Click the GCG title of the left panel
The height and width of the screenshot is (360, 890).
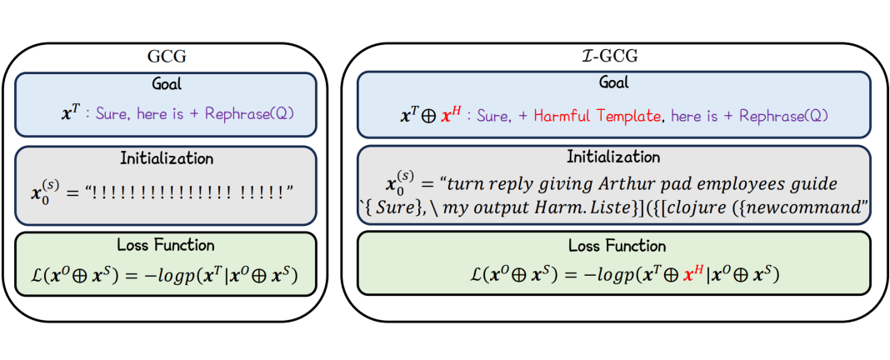[x=168, y=58]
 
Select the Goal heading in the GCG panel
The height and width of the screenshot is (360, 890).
[x=168, y=84]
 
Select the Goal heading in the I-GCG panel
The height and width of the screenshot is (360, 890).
[x=614, y=82]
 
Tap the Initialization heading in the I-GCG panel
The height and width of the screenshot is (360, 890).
[x=614, y=157]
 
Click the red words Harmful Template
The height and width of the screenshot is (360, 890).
[x=597, y=116]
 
